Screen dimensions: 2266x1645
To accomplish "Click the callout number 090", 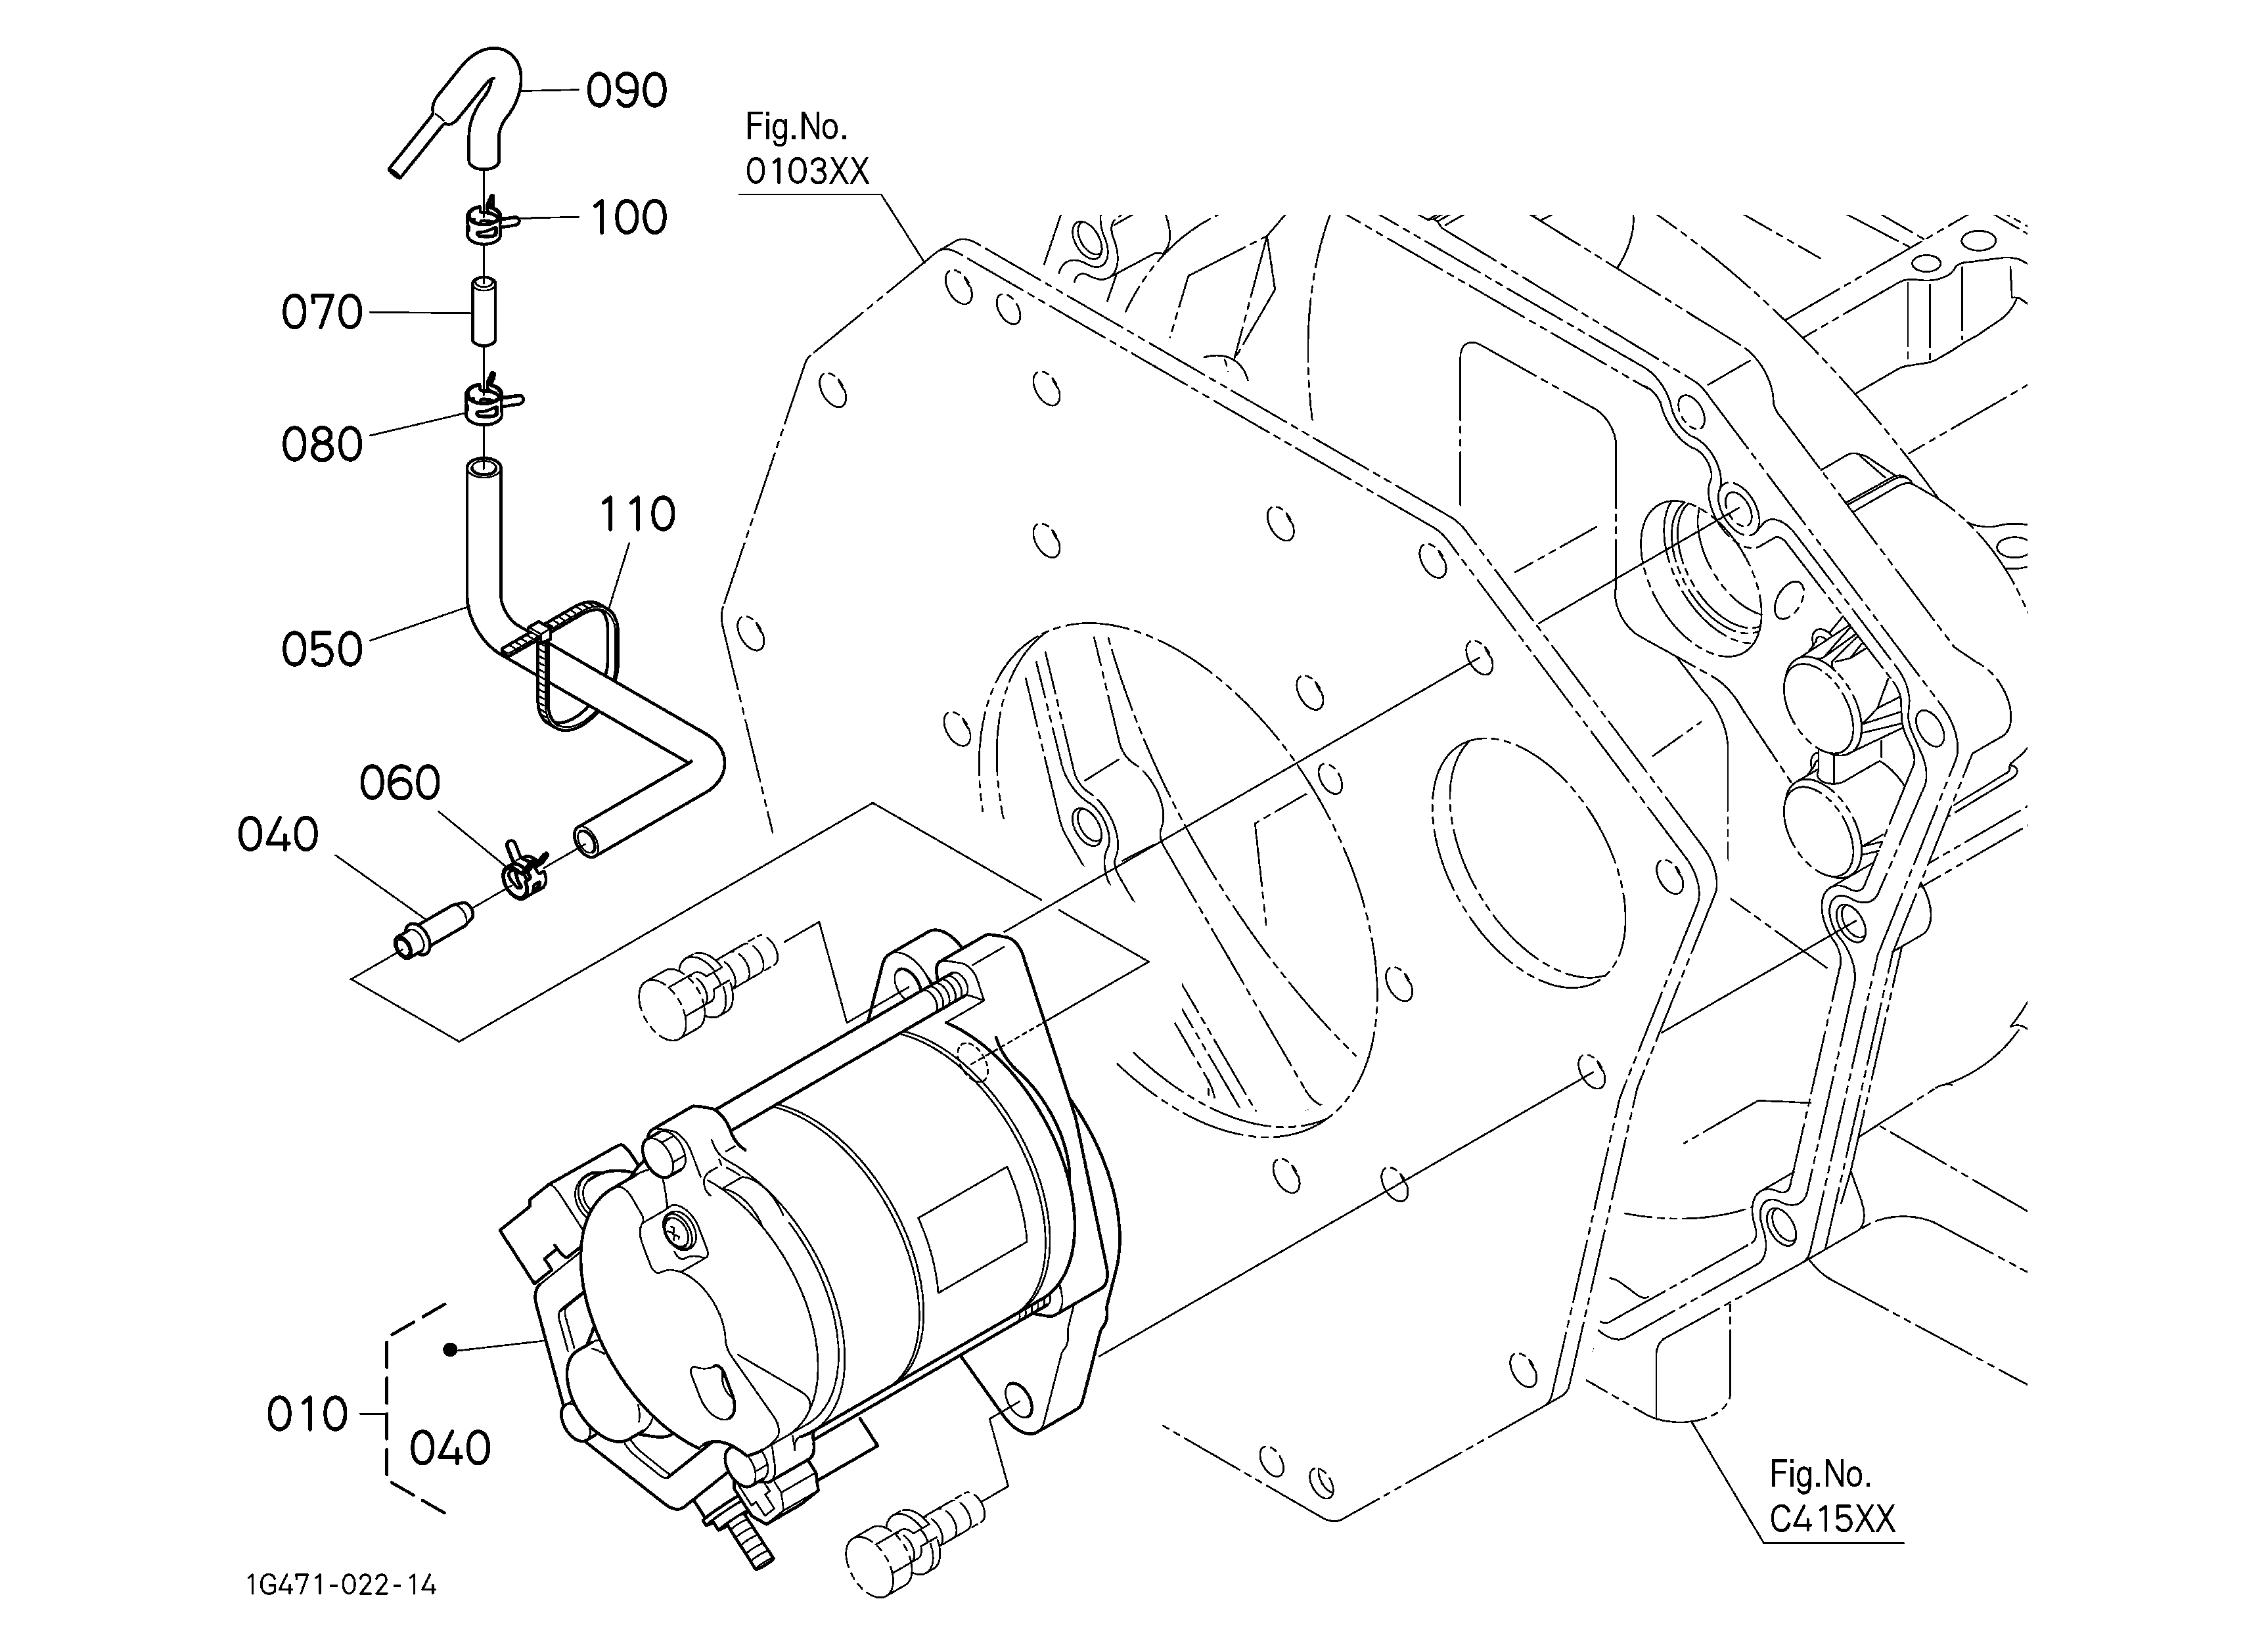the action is pyautogui.click(x=626, y=91).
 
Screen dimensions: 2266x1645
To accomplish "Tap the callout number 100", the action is pyautogui.click(x=629, y=217).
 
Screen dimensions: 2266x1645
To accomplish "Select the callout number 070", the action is pyautogui.click(x=322, y=313).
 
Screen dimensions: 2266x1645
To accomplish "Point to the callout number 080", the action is pyautogui.click(x=322, y=445).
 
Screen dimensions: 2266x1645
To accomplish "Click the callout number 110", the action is pyautogui.click(x=637, y=514).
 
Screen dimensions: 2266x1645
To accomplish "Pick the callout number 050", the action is pyautogui.click(x=322, y=649).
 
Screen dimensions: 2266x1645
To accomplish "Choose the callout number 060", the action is pyautogui.click(x=399, y=783).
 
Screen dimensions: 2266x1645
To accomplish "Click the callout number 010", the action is pyautogui.click(x=307, y=1415).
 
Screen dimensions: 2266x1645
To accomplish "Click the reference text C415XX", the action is pyautogui.click(x=1832, y=1519).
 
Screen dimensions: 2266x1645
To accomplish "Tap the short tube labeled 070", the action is pyautogui.click(x=485, y=311).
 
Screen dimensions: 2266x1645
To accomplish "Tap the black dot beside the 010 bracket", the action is pyautogui.click(x=451, y=1350).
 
